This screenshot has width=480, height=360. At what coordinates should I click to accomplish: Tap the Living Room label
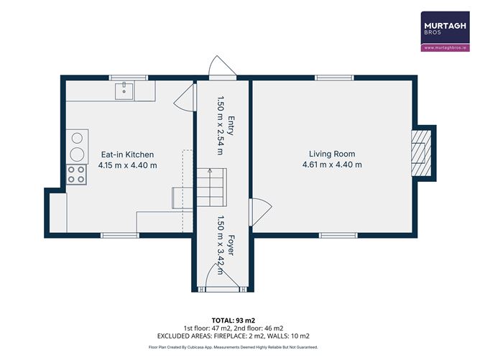[332, 154]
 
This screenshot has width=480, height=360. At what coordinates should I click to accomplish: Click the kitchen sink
[125, 90]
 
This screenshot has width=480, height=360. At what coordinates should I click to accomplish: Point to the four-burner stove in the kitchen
[76, 175]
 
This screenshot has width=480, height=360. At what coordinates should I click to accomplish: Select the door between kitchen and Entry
[185, 96]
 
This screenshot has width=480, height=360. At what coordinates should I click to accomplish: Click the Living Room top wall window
[333, 78]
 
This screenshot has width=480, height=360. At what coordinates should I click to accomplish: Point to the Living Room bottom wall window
[337, 234]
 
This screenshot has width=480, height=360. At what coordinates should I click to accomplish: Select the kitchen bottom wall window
[119, 234]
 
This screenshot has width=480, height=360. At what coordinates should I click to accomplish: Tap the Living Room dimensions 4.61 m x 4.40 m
[332, 165]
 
